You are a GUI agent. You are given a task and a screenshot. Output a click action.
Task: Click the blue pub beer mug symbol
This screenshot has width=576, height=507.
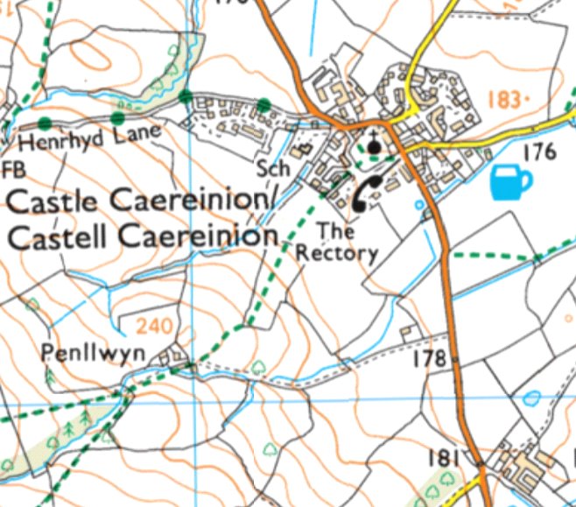pyautogui.click(x=511, y=182)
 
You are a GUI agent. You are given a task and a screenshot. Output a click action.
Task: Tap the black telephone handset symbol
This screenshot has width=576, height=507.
pyautogui.click(x=367, y=193)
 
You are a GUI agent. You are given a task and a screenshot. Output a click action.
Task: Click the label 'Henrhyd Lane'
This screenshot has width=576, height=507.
pyautogui.click(x=89, y=137)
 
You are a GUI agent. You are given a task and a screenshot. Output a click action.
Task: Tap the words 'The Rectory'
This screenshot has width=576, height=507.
pyautogui.click(x=337, y=243)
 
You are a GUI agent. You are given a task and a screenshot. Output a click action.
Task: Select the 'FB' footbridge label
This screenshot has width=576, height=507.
pyautogui.click(x=12, y=166)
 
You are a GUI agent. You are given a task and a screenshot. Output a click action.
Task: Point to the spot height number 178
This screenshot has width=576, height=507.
pyautogui.click(x=430, y=358)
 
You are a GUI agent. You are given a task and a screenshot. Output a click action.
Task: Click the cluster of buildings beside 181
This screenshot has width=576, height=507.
pyautogui.click(x=523, y=468)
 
